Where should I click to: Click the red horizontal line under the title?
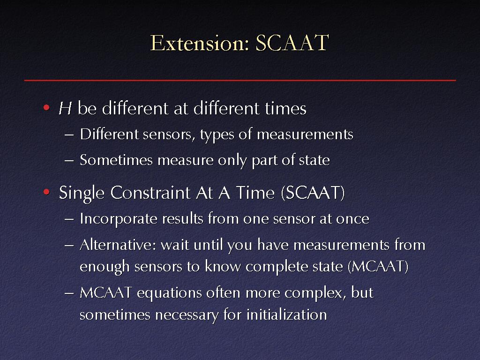[240, 80]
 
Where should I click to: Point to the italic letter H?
[65, 108]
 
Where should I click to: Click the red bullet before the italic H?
[46, 107]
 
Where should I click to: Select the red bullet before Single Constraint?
[46, 192]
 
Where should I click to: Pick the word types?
[217, 135]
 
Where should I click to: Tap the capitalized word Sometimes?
[116, 160]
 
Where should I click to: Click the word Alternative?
[118, 245]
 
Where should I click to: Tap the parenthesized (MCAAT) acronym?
[378, 266]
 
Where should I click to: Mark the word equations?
[169, 293]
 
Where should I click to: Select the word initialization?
[287, 315]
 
